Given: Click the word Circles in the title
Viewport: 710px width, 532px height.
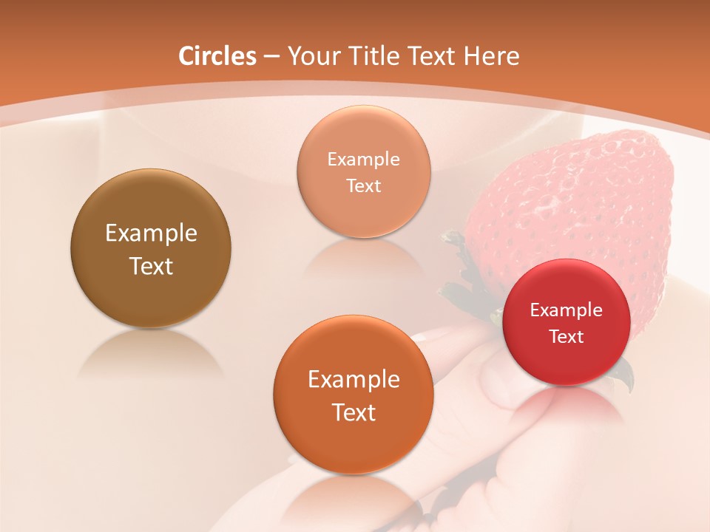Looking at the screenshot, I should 217,56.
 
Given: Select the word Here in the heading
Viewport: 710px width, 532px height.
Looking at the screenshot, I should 491,56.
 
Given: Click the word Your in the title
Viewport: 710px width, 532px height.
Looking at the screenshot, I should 311,56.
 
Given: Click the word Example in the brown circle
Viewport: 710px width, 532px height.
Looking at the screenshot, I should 151,233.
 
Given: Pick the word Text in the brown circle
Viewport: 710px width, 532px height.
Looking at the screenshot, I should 151,266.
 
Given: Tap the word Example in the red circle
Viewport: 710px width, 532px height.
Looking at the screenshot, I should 567,310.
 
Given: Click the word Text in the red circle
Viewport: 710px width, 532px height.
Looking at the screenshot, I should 567,337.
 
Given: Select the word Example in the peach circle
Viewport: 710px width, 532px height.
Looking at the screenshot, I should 363,160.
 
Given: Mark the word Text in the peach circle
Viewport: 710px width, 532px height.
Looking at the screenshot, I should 363,186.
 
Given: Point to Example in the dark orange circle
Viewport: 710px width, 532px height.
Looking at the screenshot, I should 354,380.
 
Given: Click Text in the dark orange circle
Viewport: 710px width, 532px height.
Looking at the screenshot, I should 354,412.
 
